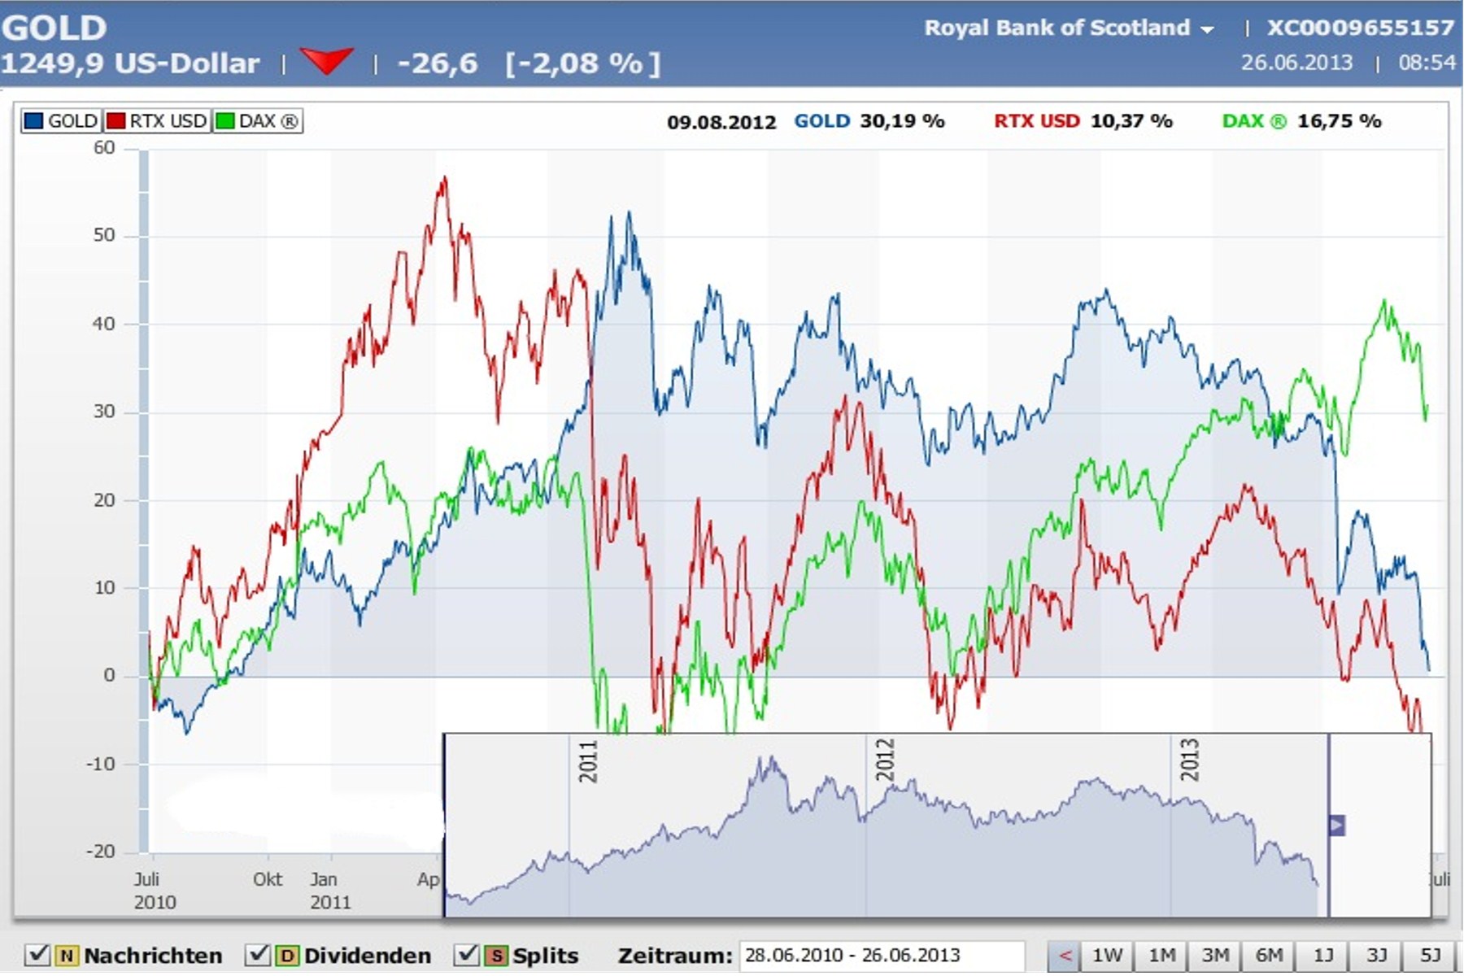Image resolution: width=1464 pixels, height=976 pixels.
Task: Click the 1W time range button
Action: (1107, 955)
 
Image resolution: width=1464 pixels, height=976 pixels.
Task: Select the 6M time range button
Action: (1269, 955)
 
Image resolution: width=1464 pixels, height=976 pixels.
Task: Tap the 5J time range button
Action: (1430, 955)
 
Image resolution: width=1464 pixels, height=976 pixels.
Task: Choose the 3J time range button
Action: (1376, 955)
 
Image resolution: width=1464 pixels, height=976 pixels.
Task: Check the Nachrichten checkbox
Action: (37, 955)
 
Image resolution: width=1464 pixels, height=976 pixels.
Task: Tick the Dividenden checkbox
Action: (257, 955)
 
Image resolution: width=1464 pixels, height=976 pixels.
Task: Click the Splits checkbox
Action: (466, 955)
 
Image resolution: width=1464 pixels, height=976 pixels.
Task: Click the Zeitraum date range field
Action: (881, 955)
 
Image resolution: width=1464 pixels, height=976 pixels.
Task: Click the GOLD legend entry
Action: (61, 121)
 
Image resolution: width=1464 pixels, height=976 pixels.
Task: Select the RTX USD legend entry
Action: (158, 121)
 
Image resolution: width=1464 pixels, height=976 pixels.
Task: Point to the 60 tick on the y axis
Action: (105, 148)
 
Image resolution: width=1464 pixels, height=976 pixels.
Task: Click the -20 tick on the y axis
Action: (102, 852)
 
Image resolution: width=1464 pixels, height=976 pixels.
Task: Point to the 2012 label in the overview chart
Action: (885, 760)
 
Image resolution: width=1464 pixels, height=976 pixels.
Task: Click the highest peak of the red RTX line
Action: (444, 179)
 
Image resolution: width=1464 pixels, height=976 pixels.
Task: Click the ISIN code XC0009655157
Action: (1360, 28)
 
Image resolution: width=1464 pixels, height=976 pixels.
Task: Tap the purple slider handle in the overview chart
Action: (1336, 826)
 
